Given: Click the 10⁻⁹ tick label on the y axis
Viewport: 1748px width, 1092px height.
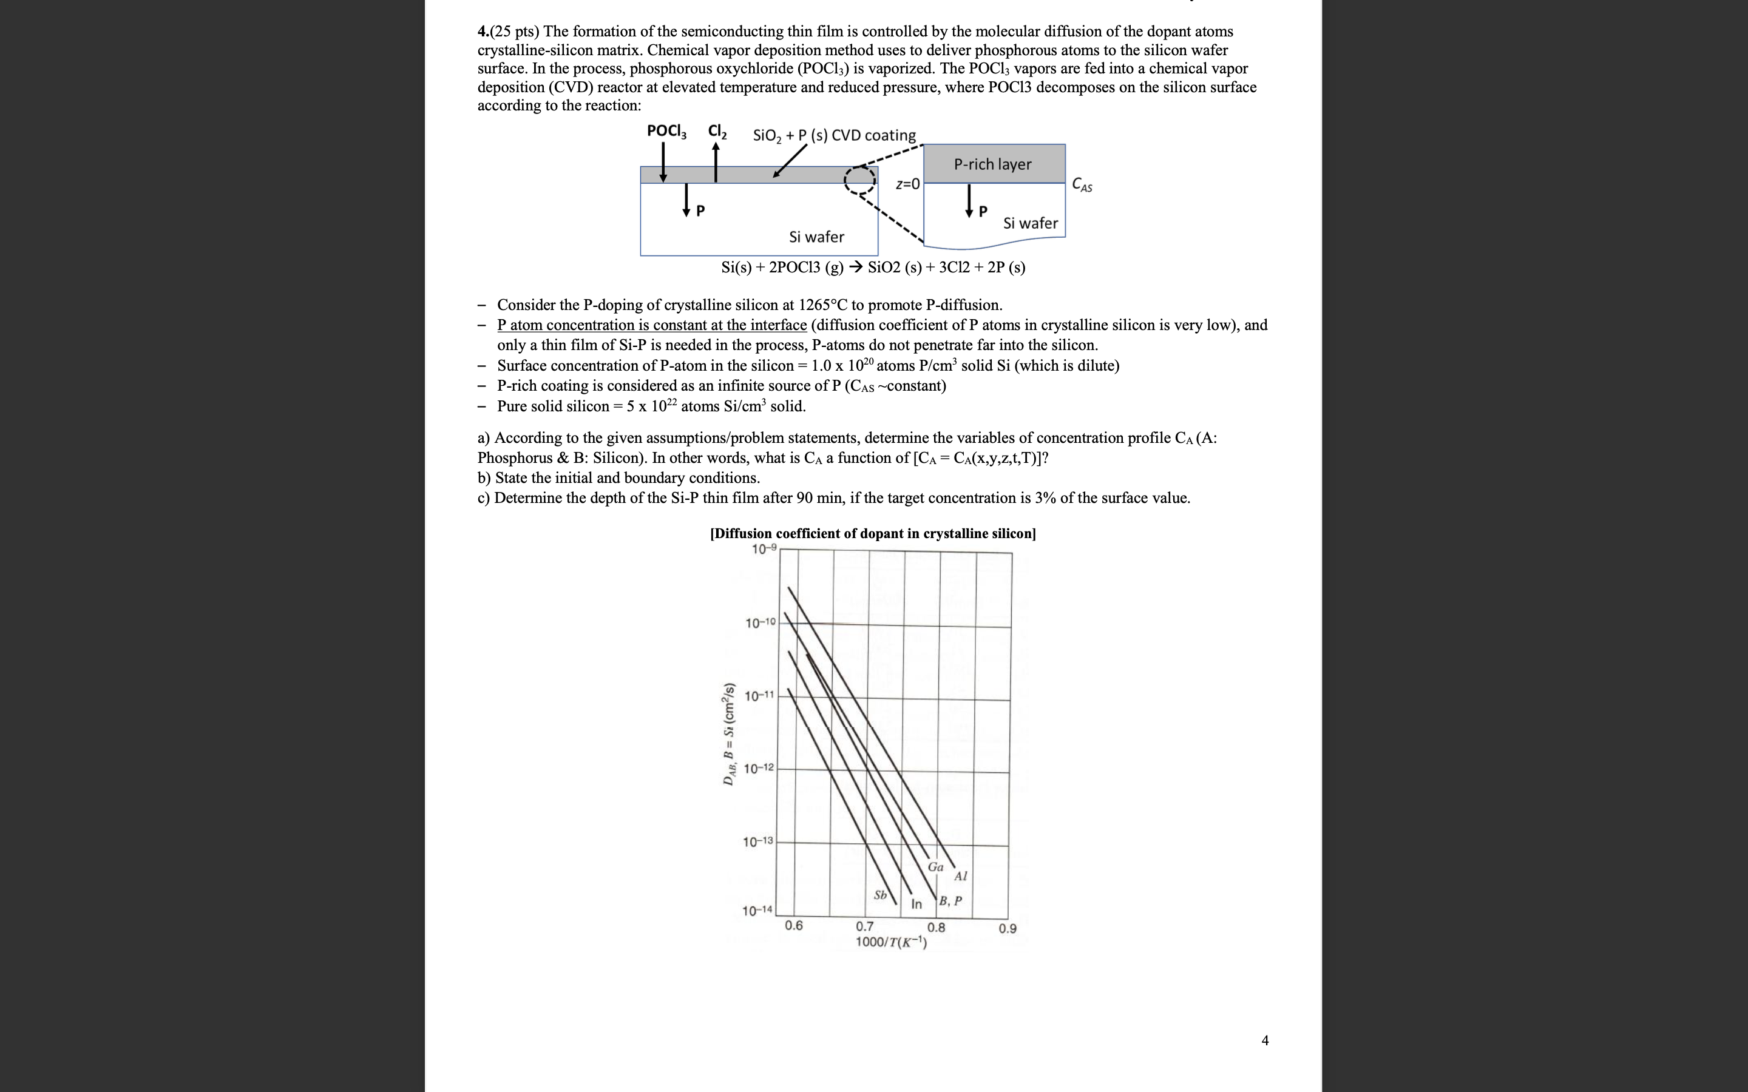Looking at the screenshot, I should [764, 549].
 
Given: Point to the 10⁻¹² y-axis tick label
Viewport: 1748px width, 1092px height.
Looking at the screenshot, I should [759, 767].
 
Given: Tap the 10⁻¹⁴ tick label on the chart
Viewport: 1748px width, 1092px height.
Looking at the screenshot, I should [757, 910].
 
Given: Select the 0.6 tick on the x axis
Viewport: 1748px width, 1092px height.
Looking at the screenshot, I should [793, 925].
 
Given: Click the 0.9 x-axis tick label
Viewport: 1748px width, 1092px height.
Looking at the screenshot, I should [1007, 928].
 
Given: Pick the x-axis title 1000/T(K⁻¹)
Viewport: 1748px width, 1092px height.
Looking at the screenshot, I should [890, 942].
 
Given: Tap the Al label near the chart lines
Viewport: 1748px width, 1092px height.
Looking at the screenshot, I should [960, 876].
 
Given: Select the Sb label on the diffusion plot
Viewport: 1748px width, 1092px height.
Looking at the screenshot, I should [880, 895].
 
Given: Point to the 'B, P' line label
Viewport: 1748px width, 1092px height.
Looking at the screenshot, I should [950, 901].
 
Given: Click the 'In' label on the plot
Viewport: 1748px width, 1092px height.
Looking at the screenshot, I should [916, 903].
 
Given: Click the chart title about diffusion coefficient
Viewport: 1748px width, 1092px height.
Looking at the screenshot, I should [873, 533].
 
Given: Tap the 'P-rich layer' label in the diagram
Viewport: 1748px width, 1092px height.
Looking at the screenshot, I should [992, 164].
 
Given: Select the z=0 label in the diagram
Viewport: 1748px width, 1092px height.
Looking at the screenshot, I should [907, 184].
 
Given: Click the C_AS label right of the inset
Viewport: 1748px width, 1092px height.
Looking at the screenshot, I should [1082, 185].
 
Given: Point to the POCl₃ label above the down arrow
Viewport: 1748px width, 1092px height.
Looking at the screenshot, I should [666, 130].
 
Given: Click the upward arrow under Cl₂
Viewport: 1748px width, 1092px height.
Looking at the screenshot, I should [715, 162].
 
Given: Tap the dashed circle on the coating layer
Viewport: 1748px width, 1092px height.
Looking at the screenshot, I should [859, 181].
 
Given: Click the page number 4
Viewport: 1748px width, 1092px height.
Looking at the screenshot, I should [1264, 1040].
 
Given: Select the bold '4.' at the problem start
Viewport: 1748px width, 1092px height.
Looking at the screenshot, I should [483, 31].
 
